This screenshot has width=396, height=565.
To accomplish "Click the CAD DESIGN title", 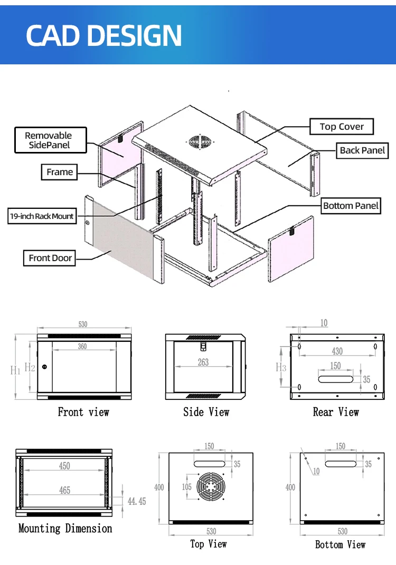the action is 104,35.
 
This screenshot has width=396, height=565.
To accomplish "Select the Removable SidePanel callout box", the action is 49,140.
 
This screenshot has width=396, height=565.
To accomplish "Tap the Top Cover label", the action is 342,127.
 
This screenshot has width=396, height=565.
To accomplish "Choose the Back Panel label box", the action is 362,150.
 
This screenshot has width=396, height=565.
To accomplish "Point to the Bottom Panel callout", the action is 351,205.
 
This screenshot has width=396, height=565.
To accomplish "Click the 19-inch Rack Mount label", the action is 42,216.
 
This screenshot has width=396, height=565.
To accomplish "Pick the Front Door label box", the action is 51,258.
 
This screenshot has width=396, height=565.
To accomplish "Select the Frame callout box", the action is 60,172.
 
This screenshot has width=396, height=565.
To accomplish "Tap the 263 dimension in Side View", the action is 203,362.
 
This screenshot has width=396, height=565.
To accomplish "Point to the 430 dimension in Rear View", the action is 337,351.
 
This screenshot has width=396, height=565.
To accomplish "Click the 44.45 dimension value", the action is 136,501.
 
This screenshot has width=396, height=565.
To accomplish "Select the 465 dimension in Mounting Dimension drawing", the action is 64,491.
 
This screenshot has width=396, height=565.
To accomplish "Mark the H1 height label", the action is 16,370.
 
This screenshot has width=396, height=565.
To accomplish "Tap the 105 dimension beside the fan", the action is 187,486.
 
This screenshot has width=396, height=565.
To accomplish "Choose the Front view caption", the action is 83,412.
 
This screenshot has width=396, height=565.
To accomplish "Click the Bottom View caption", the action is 340,544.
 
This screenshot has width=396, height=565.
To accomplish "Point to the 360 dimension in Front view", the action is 82,347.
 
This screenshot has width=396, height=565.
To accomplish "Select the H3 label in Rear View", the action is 281,367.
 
